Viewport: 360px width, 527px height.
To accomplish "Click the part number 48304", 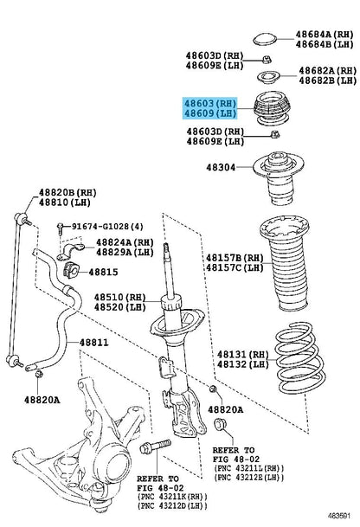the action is pyautogui.click(x=221, y=167).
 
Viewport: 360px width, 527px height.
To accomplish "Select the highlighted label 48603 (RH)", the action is pyautogui.click(x=210, y=103).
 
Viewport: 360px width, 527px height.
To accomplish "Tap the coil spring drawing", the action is pyautogui.click(x=299, y=357).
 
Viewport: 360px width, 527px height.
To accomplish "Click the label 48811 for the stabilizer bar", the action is pyautogui.click(x=93, y=343).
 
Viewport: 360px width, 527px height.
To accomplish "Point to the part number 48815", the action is pyautogui.click(x=103, y=272).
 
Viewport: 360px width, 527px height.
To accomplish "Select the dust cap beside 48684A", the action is pyautogui.click(x=265, y=39).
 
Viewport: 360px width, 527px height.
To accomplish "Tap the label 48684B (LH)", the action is pyautogui.click(x=325, y=44).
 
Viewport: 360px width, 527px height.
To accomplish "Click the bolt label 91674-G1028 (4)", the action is pyautogui.click(x=107, y=227).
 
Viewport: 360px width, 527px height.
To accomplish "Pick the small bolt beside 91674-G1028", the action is pyautogui.click(x=60, y=228).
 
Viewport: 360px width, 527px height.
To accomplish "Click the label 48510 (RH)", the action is pyautogui.click(x=120, y=297).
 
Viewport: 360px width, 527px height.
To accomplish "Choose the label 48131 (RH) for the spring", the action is pyautogui.click(x=243, y=354).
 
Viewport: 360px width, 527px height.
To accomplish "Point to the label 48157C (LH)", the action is pyautogui.click(x=235, y=268).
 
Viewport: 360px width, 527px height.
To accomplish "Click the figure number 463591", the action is pyautogui.click(x=339, y=515).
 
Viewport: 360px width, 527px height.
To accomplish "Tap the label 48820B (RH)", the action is pyautogui.click(x=67, y=193).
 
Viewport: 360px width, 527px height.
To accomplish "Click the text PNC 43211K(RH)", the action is pyautogui.click(x=173, y=497).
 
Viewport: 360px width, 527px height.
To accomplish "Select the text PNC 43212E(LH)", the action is pyautogui.click(x=250, y=477).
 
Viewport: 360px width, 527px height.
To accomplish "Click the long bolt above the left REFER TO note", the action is pyautogui.click(x=155, y=447).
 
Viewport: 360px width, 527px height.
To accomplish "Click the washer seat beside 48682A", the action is pyautogui.click(x=268, y=78).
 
